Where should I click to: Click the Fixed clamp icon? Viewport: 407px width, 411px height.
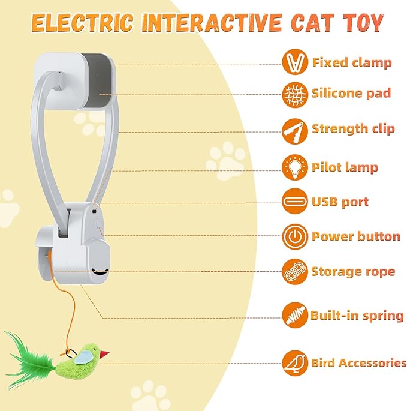tap(294, 62)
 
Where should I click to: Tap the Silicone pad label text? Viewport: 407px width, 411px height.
tap(351, 93)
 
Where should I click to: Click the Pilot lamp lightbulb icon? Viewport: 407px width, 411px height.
tap(294, 166)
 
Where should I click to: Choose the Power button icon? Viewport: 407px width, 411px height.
tap(294, 236)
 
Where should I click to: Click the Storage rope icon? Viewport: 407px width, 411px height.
tap(294, 271)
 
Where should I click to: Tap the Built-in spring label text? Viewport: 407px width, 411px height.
tap(357, 316)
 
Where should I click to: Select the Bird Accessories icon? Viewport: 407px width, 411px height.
tap(294, 363)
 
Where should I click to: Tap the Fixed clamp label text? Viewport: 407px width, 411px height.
tap(352, 62)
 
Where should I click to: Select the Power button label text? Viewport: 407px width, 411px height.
tap(355, 236)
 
